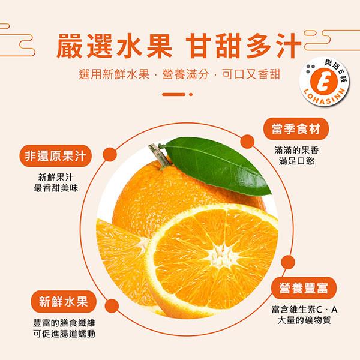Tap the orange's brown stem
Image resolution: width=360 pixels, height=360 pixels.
tap(159, 155)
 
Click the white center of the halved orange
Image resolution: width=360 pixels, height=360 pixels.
tap(220, 254)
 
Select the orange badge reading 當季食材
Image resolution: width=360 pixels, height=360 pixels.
tap(296, 129)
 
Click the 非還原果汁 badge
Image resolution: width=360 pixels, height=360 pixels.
tap(56, 156)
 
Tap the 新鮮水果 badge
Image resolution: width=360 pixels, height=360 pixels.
tap(64, 301)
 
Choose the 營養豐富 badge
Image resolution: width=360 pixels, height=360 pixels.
tap(304, 288)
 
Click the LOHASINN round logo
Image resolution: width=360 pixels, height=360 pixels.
tap(324, 82)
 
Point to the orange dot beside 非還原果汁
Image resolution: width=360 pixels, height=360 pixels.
tap(110, 155)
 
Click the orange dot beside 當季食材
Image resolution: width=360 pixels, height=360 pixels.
tap(247, 142)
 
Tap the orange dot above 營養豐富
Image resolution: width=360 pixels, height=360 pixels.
tap(288, 262)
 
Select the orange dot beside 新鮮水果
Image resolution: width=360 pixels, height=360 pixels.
tap(112, 306)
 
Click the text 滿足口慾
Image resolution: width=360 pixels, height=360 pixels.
tap(296, 161)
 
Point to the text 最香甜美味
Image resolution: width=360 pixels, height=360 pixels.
tap(56, 188)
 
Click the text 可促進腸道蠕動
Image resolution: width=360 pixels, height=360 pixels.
tap(64, 334)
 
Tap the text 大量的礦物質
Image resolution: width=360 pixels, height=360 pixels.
tap(304, 320)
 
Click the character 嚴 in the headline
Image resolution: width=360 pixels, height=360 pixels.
tap(70, 46)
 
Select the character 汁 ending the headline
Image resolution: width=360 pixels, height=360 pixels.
tap(288, 46)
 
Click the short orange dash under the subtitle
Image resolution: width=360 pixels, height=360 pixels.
tap(173, 94)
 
